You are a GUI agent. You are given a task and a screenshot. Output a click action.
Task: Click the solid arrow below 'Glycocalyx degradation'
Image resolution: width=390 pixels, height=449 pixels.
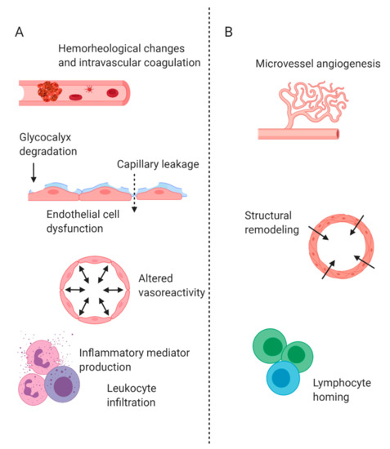33,172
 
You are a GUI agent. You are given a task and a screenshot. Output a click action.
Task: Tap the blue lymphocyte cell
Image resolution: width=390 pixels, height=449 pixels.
283,379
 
